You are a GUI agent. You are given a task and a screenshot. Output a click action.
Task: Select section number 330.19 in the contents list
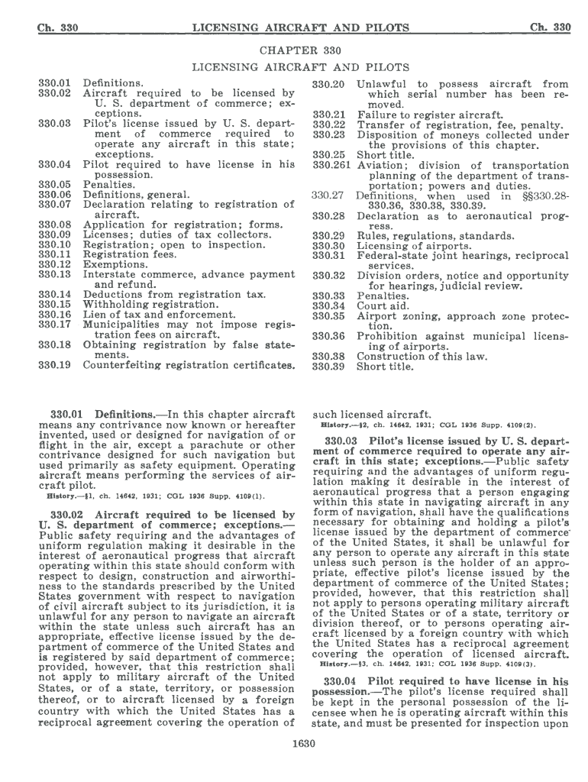coord(54,365)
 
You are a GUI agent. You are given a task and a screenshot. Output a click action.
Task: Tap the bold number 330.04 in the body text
coord(345,681)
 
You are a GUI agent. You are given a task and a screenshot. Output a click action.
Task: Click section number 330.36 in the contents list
coord(328,336)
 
